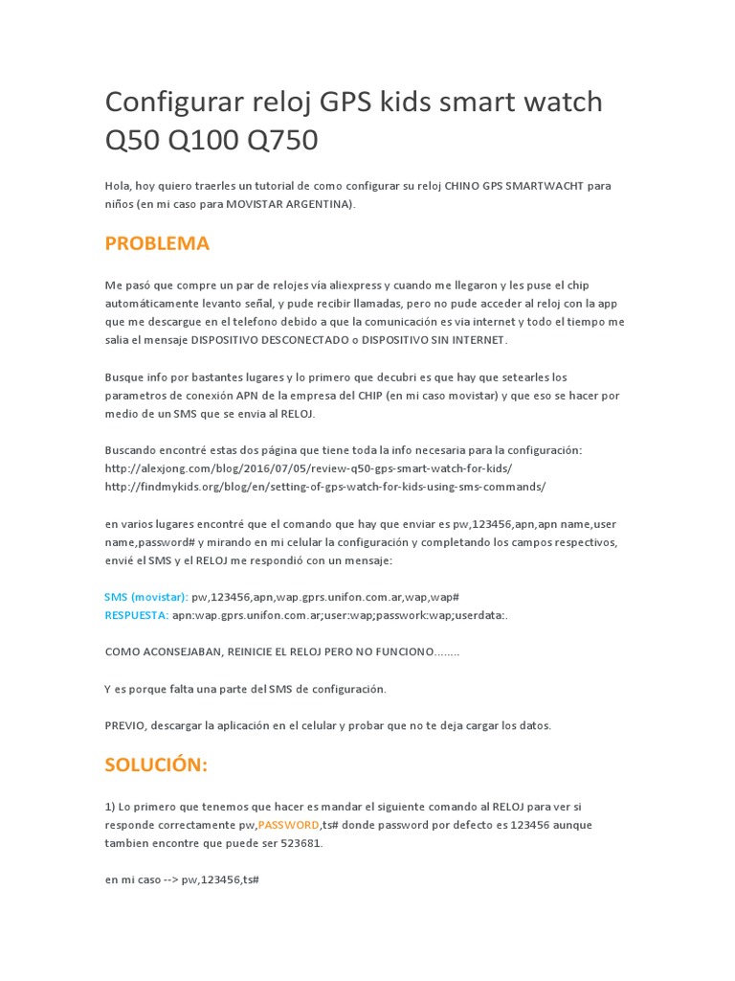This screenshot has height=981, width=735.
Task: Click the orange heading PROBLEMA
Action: coord(157,243)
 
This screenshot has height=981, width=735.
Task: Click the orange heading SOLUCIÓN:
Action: coord(156,764)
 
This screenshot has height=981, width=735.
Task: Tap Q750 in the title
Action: coord(282,140)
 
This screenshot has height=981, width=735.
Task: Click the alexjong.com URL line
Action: coord(308,468)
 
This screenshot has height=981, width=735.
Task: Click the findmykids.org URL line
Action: coord(325,486)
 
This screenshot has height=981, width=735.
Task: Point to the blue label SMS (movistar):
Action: coord(146,597)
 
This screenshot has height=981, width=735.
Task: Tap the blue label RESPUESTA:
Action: coord(137,615)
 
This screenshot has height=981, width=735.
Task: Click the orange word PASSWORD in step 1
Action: coord(288,825)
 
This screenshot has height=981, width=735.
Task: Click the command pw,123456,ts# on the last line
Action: coord(220,879)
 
